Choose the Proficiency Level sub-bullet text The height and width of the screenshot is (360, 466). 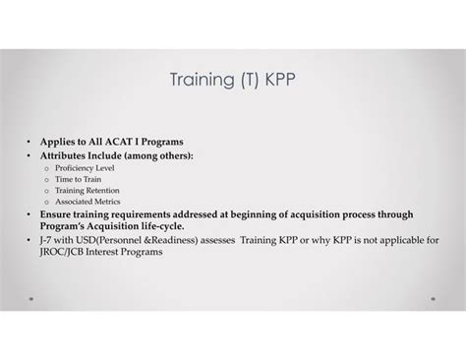tap(86, 168)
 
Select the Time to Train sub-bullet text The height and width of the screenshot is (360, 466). tap(78, 179)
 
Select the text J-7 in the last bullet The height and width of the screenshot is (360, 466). tap(47, 239)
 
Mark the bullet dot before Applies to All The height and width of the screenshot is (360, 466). tap(29, 142)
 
